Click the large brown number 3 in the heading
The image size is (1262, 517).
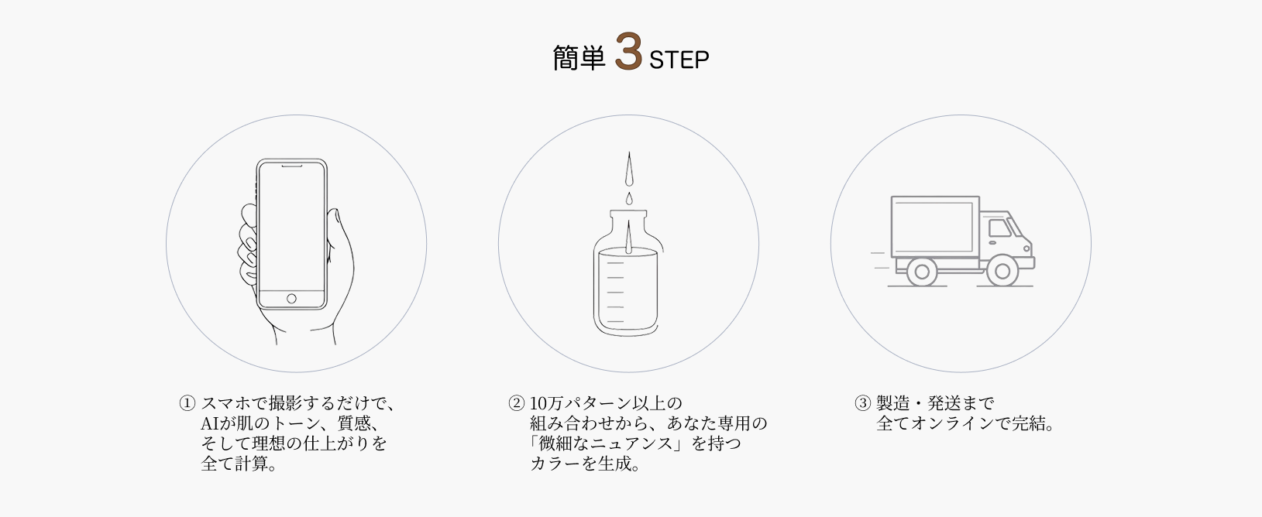point(628,52)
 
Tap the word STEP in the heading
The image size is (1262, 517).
point(679,60)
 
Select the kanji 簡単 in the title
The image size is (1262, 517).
point(579,58)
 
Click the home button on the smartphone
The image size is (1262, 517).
point(291,298)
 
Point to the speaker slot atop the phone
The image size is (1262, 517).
point(292,166)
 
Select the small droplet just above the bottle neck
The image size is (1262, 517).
point(629,199)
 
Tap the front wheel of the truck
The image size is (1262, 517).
point(1002,271)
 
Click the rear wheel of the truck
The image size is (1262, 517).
point(922,272)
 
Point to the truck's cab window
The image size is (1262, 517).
point(1000,228)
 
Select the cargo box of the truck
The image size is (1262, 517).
point(935,227)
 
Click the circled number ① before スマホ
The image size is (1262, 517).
point(187,403)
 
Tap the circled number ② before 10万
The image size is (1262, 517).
point(516,403)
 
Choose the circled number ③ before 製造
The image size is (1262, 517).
point(862,403)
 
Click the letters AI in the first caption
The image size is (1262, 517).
point(210,423)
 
